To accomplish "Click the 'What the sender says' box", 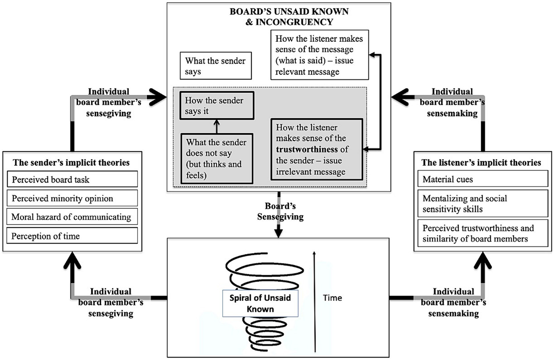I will [215, 66].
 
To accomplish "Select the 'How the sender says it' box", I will [217, 106].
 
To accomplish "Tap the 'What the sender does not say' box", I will [217, 159].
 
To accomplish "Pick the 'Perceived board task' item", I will [72, 179].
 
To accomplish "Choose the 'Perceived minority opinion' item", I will [72, 198].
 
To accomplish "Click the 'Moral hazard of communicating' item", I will [72, 217].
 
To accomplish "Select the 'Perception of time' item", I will [72, 236].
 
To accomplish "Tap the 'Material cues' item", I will [482, 179].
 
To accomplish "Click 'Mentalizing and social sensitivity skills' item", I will [482, 204].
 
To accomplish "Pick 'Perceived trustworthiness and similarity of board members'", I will [482, 233].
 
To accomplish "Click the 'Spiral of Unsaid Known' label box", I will [260, 303].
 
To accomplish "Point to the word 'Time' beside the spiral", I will [332, 298].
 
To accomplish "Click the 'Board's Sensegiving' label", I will [280, 211].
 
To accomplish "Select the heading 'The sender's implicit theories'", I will [71, 163].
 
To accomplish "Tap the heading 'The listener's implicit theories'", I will [481, 163].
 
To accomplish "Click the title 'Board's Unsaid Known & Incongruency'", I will [289, 17].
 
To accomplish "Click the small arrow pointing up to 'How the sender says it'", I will [217, 127].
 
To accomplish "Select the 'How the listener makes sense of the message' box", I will [319, 55].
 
